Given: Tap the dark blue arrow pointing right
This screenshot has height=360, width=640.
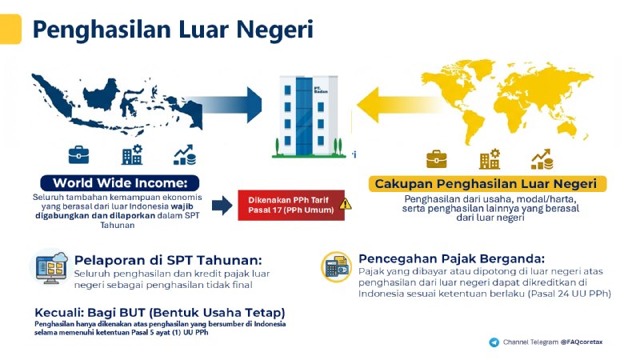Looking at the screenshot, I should (239, 105).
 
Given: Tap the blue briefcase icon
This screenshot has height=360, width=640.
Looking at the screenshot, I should (78, 154).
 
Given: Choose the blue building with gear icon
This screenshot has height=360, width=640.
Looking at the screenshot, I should (131, 154).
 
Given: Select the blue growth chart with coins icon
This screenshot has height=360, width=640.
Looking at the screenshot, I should (185, 154).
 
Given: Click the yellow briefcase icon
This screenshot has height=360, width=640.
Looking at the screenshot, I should (437, 158).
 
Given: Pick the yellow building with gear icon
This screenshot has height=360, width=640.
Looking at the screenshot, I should (489, 158).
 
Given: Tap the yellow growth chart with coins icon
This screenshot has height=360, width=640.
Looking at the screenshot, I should (542, 158).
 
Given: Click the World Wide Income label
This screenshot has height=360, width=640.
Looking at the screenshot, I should (119, 182).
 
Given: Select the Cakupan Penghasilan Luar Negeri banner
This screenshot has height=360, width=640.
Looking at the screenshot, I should (487, 184).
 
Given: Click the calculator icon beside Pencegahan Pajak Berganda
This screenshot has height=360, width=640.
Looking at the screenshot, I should (336, 266).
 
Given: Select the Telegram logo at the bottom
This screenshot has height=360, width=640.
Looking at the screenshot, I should (494, 342).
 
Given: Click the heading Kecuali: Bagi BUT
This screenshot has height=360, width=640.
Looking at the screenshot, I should (160, 312).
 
